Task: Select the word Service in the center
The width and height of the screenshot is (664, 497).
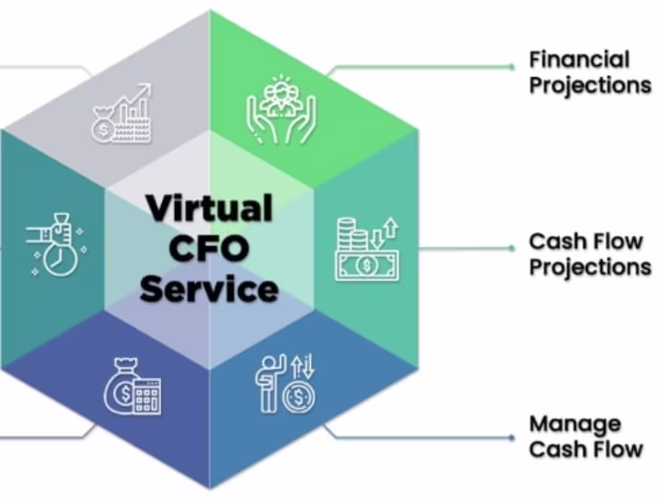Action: [209, 289]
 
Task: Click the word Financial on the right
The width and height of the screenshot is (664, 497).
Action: [579, 60]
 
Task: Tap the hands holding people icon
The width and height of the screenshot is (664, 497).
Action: [281, 109]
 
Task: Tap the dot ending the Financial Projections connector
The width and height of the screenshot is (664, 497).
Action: [512, 66]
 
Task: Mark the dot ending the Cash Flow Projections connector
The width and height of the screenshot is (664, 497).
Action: [512, 248]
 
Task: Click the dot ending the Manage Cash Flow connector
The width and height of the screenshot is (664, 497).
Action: [512, 437]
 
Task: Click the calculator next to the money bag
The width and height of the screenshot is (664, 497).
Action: [147, 396]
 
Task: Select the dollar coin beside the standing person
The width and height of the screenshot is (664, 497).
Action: [299, 399]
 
